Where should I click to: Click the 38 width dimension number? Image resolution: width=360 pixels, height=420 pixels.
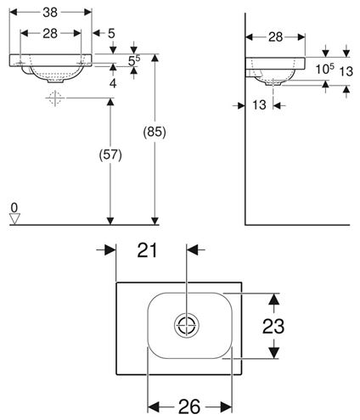(x=50, y=13)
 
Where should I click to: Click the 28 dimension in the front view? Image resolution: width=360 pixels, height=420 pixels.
(x=50, y=34)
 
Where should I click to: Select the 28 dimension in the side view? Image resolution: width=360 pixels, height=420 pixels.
(x=276, y=37)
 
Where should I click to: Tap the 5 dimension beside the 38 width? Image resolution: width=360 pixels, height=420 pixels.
(x=111, y=34)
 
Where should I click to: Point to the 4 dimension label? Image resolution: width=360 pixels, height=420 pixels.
(x=113, y=83)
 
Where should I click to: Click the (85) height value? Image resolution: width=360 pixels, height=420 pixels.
(x=155, y=132)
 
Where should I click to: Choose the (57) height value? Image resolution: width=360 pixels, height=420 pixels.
(x=110, y=155)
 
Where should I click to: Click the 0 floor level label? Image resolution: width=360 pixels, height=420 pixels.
(x=14, y=208)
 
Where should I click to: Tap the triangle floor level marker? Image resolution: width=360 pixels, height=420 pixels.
(x=14, y=219)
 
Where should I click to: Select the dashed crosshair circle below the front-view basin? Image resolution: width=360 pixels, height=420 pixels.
(x=55, y=98)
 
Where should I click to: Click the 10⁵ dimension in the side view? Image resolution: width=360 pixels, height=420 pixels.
(x=325, y=69)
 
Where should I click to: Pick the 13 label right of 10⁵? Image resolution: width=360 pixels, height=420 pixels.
(x=346, y=71)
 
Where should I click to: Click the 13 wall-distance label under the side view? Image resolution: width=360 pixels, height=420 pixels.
(x=259, y=105)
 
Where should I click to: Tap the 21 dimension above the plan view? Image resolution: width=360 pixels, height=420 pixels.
(x=147, y=250)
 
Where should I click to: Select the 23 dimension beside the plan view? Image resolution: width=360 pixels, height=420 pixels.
(x=273, y=326)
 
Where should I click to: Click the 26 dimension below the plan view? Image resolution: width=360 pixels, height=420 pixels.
(x=189, y=406)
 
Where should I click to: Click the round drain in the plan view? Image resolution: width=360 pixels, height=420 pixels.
(x=187, y=325)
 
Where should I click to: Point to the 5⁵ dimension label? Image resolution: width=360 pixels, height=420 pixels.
(x=134, y=60)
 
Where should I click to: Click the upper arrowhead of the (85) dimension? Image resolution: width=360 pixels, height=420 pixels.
(x=155, y=58)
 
